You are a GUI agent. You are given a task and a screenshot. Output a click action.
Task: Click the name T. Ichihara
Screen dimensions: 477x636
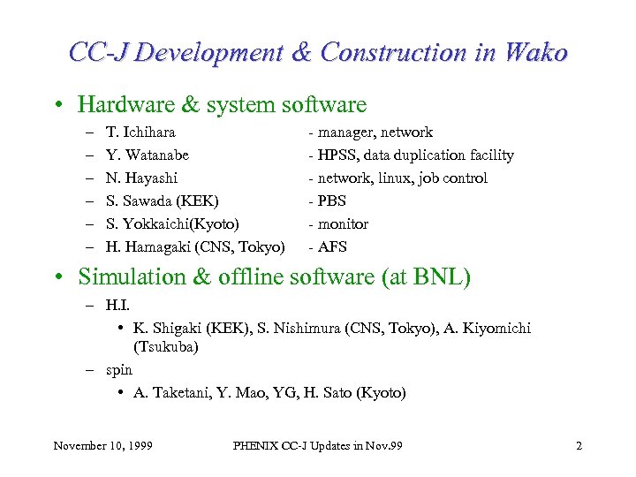[140, 132]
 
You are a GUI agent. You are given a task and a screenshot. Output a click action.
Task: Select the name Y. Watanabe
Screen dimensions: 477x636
[147, 155]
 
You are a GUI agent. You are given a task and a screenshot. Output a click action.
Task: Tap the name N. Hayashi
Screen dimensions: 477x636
[141, 178]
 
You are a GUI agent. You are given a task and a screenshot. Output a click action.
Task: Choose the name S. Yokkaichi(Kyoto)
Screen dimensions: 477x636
[172, 224]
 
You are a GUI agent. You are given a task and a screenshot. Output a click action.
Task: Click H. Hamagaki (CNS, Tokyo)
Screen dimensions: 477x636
[194, 247]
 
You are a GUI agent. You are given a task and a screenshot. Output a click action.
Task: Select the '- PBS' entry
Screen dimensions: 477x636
[327, 201]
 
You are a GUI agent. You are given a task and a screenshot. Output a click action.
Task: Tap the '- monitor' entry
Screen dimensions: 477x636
[338, 224]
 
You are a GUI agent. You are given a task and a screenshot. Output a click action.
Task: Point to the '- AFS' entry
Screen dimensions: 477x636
[328, 247]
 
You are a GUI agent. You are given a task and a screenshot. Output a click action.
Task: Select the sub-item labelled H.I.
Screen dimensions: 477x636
[117, 306]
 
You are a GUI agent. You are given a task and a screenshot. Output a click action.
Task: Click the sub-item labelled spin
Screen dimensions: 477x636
[118, 370]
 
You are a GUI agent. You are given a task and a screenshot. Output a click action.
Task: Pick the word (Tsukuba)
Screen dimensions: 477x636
[165, 347]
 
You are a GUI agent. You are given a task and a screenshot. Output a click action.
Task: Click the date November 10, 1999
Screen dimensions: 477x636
[102, 445]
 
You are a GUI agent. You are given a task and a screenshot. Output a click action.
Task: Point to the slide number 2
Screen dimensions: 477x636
[579, 445]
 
